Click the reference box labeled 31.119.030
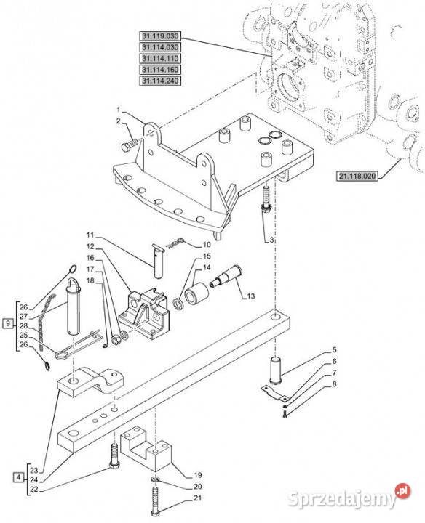point(160,36)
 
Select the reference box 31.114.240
point(160,81)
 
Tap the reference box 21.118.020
point(357,176)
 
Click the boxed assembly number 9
point(8,323)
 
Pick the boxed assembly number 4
point(18,477)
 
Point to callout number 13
point(250,296)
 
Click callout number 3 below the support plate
point(271,240)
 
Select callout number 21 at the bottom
point(198,498)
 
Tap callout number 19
point(198,475)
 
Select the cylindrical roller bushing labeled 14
point(196,293)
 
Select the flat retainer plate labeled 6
point(274,393)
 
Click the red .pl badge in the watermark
point(402,490)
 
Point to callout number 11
point(90,235)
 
